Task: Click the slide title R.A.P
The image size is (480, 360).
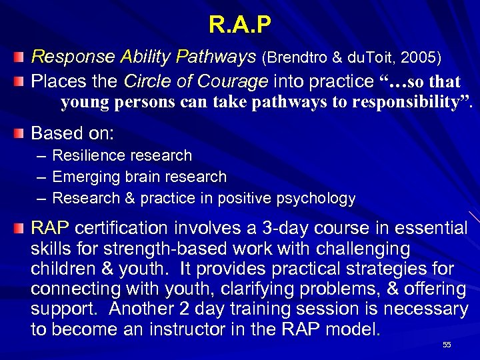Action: tap(240, 25)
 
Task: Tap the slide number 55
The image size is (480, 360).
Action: tap(447, 345)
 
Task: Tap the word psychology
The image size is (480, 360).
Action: tap(316, 199)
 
